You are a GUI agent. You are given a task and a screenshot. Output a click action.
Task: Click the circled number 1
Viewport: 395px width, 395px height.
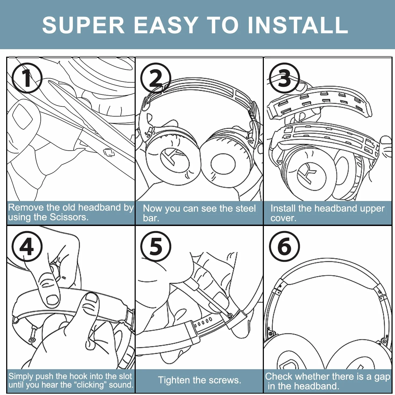coord(27,78)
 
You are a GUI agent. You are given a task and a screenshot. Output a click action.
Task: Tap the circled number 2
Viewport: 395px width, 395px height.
coord(156,78)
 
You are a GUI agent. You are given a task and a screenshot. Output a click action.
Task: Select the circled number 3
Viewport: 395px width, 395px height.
coord(284,78)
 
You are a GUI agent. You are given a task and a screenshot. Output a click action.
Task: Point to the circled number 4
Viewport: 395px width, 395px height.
coord(27,246)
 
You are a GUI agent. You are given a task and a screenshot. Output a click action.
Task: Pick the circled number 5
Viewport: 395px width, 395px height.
coord(156,246)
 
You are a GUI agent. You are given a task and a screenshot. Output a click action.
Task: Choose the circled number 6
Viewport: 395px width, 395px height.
coord(284,246)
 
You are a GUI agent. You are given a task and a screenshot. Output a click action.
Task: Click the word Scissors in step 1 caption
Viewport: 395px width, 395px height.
coord(69,217)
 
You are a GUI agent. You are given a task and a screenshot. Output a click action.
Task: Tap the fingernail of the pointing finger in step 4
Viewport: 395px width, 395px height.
coord(52,300)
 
